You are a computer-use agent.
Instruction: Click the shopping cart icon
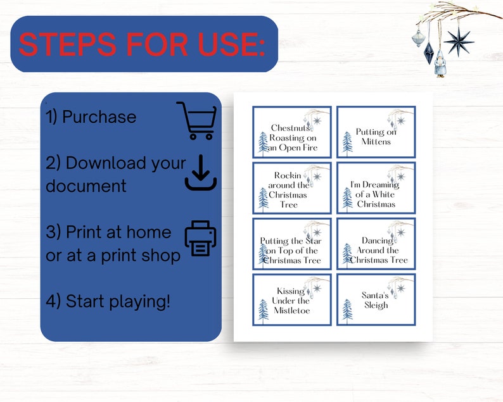(x=196, y=120)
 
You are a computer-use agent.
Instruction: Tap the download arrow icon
(x=201, y=172)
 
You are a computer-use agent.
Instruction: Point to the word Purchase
(x=99, y=117)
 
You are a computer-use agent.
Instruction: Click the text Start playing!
(x=118, y=301)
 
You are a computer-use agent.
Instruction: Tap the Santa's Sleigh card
(x=376, y=299)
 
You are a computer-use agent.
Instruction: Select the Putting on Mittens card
(x=376, y=132)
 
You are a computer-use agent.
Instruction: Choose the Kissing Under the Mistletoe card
(x=292, y=299)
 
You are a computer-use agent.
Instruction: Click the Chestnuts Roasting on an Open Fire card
(x=292, y=132)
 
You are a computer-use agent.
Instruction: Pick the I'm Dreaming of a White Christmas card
(x=376, y=188)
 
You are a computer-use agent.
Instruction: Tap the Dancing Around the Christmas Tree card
(x=376, y=244)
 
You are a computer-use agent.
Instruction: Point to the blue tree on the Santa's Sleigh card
(x=347, y=310)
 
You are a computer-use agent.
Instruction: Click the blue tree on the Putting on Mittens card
(x=347, y=142)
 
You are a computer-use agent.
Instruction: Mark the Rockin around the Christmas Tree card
(x=292, y=188)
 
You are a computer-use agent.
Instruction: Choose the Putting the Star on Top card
(x=292, y=244)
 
